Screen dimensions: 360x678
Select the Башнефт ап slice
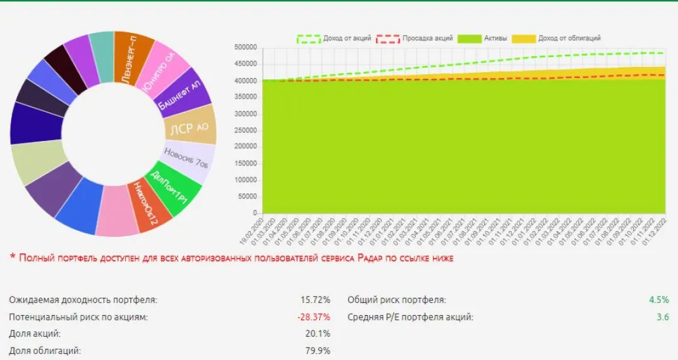coord(183,93)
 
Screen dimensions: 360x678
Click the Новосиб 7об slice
coord(185,161)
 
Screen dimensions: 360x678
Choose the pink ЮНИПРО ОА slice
coord(163,69)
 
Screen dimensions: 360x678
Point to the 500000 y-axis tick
coord(246,47)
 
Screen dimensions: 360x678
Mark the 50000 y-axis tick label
coord(248,197)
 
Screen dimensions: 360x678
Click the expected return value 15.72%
coord(315,300)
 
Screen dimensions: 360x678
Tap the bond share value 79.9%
coord(318,351)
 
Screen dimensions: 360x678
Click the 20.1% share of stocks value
coord(318,334)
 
